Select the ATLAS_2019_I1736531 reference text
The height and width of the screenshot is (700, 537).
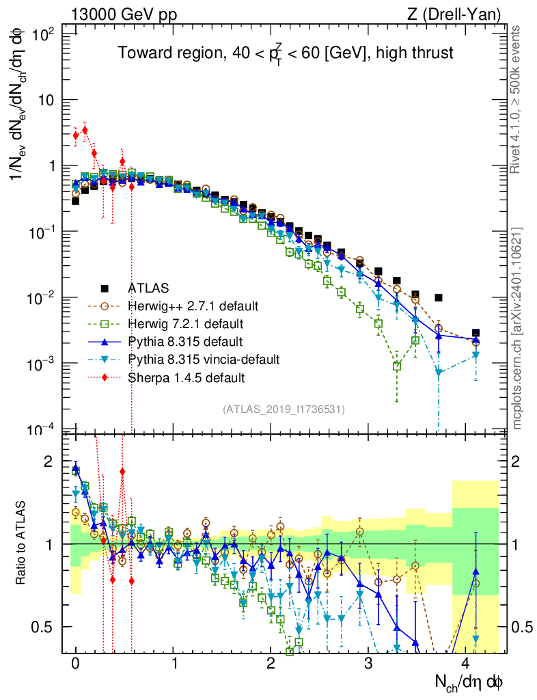point(284,409)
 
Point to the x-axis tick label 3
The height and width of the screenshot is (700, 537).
point(370,663)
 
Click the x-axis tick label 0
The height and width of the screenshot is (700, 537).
point(76,663)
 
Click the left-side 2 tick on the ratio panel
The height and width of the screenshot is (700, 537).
point(54,461)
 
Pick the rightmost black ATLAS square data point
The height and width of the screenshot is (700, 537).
point(476,333)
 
